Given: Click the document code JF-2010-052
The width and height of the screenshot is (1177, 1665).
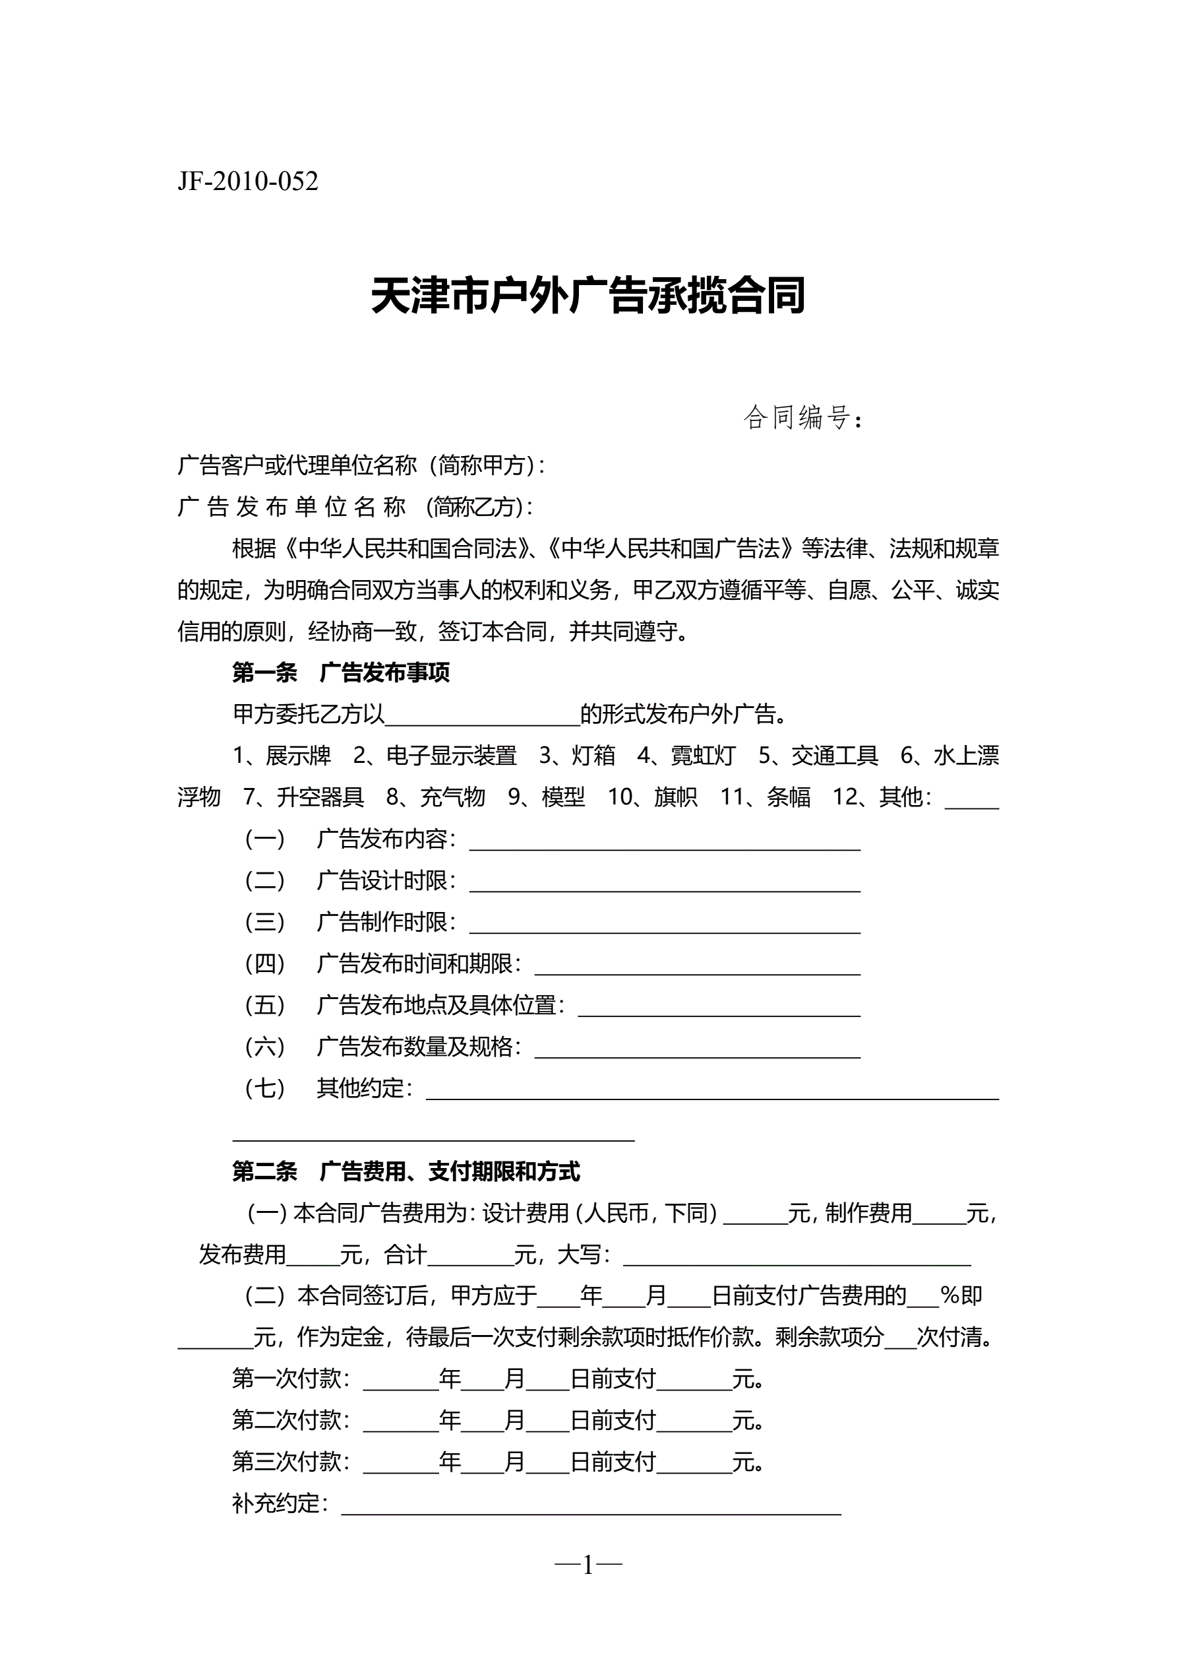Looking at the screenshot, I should pyautogui.click(x=248, y=181).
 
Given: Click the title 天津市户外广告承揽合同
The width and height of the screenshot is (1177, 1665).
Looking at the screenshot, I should pyautogui.click(x=588, y=296).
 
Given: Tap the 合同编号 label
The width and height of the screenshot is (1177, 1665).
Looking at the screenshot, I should pyautogui.click(x=797, y=418).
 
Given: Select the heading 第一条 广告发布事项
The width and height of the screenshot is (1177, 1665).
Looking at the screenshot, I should pyautogui.click(x=341, y=673).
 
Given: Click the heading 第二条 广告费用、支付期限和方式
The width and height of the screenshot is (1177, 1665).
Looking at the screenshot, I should pyautogui.click(x=406, y=1172).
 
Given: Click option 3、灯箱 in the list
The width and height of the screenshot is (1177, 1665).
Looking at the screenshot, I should pyautogui.click(x=577, y=756).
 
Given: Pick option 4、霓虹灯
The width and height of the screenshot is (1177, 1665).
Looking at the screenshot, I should pyautogui.click(x=686, y=756).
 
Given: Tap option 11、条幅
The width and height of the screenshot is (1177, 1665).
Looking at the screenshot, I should pyautogui.click(x=766, y=798).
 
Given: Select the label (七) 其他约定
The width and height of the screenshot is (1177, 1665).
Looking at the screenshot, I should pyautogui.click(x=329, y=1088).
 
